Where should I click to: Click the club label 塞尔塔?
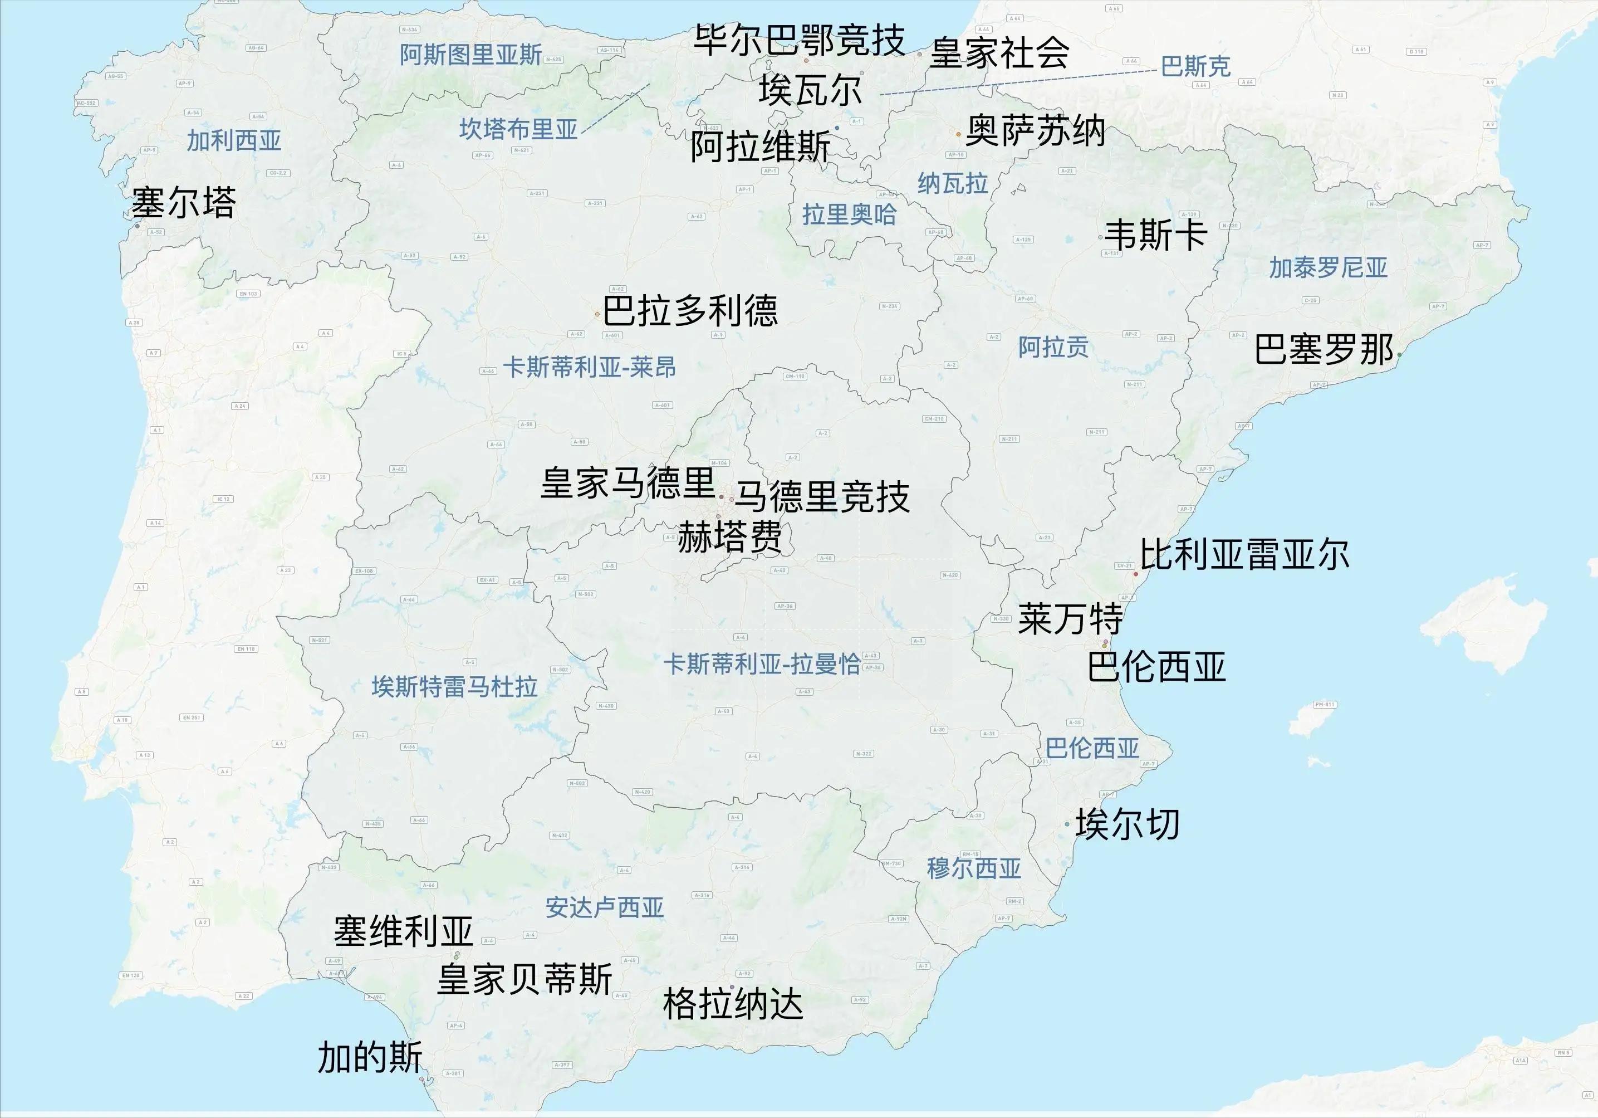(x=184, y=203)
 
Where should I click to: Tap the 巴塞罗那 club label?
(x=1324, y=349)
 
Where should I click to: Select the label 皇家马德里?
(x=628, y=483)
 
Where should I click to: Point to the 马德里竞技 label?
(x=822, y=497)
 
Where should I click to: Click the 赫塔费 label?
(x=730, y=537)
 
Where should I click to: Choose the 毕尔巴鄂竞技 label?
(x=800, y=40)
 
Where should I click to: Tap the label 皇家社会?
(x=999, y=53)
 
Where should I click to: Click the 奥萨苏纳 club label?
(x=1036, y=131)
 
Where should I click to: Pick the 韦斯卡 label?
(x=1155, y=235)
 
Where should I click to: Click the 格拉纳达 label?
(x=733, y=1004)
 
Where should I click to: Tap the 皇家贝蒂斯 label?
(x=524, y=979)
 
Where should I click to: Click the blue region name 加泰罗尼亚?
(x=1328, y=267)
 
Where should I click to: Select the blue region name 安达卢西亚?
(x=604, y=907)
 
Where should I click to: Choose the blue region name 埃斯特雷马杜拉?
(x=454, y=687)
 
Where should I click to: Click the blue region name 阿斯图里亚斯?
(x=470, y=54)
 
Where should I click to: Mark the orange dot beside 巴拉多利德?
(x=597, y=315)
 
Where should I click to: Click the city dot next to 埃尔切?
(x=1067, y=824)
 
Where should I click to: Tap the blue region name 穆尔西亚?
(x=974, y=868)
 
